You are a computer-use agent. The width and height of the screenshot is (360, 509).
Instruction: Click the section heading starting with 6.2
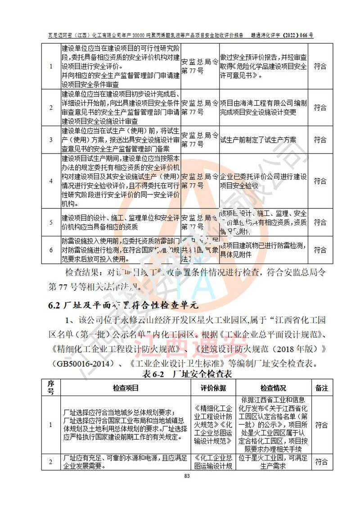pyautogui.click(x=123, y=305)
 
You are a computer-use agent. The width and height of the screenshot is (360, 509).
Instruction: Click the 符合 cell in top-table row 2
pyautogui.click(x=320, y=108)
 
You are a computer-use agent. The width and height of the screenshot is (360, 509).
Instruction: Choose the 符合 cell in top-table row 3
pyautogui.click(x=320, y=140)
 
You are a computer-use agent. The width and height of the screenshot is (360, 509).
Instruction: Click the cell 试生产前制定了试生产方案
pyautogui.click(x=258, y=140)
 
